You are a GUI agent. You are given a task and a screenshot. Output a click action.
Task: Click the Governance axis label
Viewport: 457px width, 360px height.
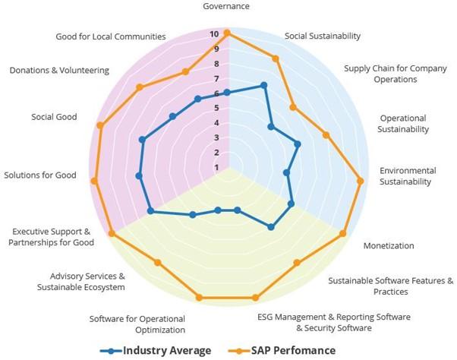coord(227,6)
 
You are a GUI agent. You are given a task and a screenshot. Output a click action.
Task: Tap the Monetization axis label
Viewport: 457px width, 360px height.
coord(389,245)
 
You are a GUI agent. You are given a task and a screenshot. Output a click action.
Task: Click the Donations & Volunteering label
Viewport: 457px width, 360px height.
coord(59,71)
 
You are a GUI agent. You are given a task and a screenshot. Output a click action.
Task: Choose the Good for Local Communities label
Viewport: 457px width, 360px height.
coord(111,36)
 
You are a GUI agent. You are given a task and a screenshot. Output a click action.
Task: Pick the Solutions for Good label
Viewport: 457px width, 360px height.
coord(40,175)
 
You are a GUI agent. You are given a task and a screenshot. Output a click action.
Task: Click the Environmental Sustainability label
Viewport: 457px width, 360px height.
coord(408,175)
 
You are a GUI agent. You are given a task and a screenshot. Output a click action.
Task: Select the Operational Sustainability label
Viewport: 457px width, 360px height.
coord(404,123)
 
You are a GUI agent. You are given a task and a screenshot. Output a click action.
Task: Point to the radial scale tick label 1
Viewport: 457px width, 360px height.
coord(216,167)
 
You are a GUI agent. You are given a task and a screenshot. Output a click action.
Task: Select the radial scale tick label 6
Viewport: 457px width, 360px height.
coord(216,93)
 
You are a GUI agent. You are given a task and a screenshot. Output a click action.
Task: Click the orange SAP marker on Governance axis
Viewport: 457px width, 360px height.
coord(227,33)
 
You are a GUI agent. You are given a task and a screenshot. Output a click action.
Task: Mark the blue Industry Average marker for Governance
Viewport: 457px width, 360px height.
coord(227,93)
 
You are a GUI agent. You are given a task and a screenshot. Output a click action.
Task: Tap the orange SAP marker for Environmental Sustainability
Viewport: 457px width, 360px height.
coord(361,180)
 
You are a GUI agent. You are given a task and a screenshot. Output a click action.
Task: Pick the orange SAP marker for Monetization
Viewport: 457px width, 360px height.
coord(343,233)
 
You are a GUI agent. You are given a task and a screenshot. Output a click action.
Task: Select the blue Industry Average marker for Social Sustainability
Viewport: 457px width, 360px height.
coord(263,85)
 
